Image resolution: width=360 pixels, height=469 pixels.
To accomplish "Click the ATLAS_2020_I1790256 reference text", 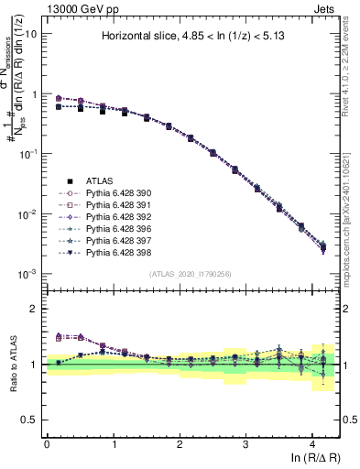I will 191,273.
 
